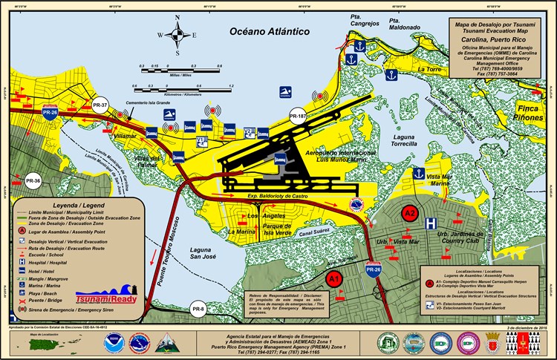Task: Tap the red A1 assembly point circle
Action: pos(335,280)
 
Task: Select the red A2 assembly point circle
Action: pos(409,213)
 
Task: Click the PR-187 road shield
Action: pos(298,117)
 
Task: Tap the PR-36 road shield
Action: pos(33,180)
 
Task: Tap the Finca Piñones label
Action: pos(530,112)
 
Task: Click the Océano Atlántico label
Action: pos(269,31)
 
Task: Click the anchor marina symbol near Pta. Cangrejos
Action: pos(359,46)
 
